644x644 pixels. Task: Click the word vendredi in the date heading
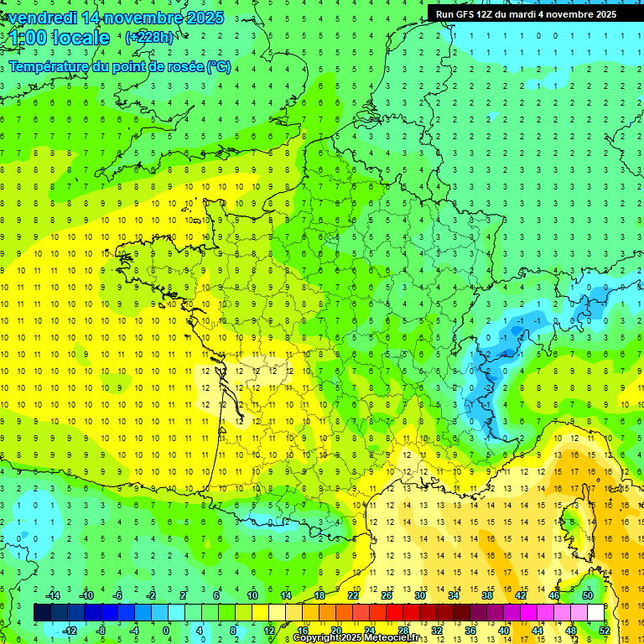[x=44, y=18]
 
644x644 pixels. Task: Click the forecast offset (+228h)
[x=149, y=38]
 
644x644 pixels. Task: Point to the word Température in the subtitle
[x=47, y=66]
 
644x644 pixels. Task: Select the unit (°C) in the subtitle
[x=219, y=66]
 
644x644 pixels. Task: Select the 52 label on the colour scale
[x=604, y=630]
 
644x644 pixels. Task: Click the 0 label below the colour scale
[x=166, y=630]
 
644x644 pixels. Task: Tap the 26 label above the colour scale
[x=386, y=595]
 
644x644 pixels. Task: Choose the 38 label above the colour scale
[x=486, y=595]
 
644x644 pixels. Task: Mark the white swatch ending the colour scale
[x=595, y=612]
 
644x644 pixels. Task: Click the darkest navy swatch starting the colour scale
[x=42, y=612]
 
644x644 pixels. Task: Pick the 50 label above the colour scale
[x=587, y=595]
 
